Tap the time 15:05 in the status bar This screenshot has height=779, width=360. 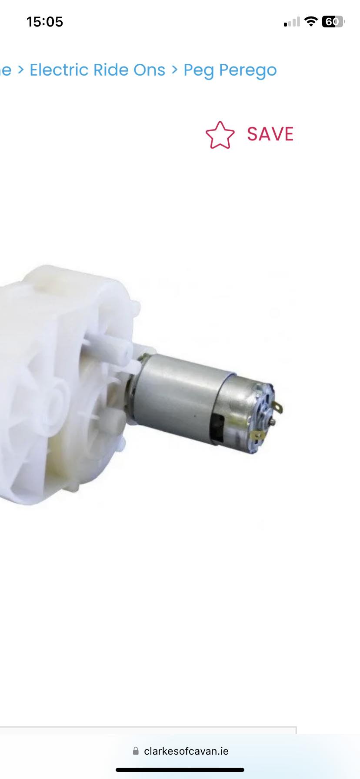coord(45,22)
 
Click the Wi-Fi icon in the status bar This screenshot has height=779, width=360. coord(311,21)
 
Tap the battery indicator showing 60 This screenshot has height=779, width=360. coord(333,21)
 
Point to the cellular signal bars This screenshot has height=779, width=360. coord(292,22)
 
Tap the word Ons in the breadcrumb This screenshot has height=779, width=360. coord(149,70)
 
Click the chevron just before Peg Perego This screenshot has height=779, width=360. coord(174,70)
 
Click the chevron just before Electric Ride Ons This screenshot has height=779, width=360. coord(20,70)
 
